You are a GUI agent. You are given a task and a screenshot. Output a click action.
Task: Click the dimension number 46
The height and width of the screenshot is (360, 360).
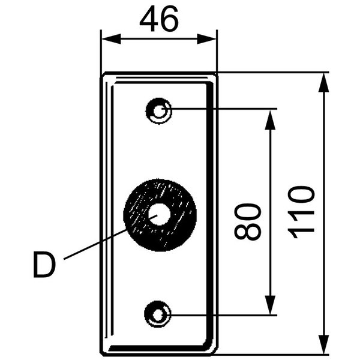click(158, 20)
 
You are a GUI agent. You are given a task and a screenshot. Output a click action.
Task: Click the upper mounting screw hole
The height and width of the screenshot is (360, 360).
click(159, 110)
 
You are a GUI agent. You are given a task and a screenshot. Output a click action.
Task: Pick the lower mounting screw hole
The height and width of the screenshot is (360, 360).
click(159, 313)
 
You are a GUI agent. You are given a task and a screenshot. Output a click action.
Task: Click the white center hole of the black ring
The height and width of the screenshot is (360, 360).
click(159, 214)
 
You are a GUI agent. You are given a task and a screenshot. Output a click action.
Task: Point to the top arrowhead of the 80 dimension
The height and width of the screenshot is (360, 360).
click(270, 117)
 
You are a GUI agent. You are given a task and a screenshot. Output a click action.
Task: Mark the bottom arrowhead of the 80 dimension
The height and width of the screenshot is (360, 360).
click(270, 306)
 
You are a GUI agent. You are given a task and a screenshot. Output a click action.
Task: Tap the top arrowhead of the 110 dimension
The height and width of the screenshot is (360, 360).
click(324, 82)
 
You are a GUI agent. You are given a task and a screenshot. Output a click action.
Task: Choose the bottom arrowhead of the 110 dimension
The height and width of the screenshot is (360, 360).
click(324, 344)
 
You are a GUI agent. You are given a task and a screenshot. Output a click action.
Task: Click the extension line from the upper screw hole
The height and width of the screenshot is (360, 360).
click(228, 109)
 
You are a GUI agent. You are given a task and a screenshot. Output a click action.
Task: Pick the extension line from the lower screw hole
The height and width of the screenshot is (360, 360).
click(228, 314)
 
